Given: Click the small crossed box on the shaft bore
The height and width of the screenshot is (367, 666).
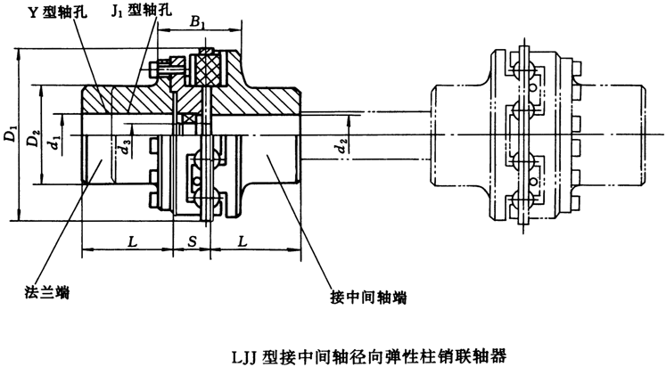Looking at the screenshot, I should (x=188, y=119).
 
